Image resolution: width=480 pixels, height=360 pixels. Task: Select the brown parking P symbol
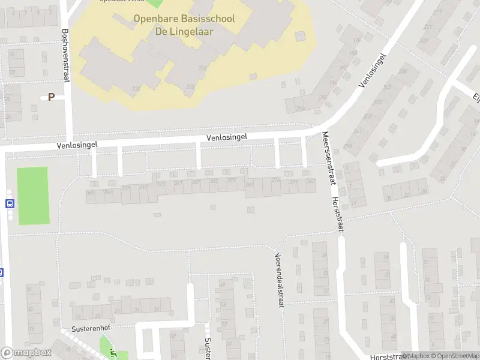pyautogui.click(x=51, y=97)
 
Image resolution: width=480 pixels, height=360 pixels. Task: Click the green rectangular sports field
pyautogui.click(x=32, y=196)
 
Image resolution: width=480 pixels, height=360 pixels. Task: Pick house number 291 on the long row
pyautogui.click(x=249, y=185)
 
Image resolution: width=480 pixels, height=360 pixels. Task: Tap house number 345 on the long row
pyautogui.click(x=91, y=193)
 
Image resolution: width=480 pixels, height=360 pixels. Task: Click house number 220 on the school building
pyautogui.click(x=137, y=88)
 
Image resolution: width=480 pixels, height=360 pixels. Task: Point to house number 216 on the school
pyautogui.click(x=203, y=68)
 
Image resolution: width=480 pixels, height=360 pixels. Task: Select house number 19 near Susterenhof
pyautogui.click(x=78, y=316)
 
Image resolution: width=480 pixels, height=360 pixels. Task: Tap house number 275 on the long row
pyautogui.click(x=276, y=179)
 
